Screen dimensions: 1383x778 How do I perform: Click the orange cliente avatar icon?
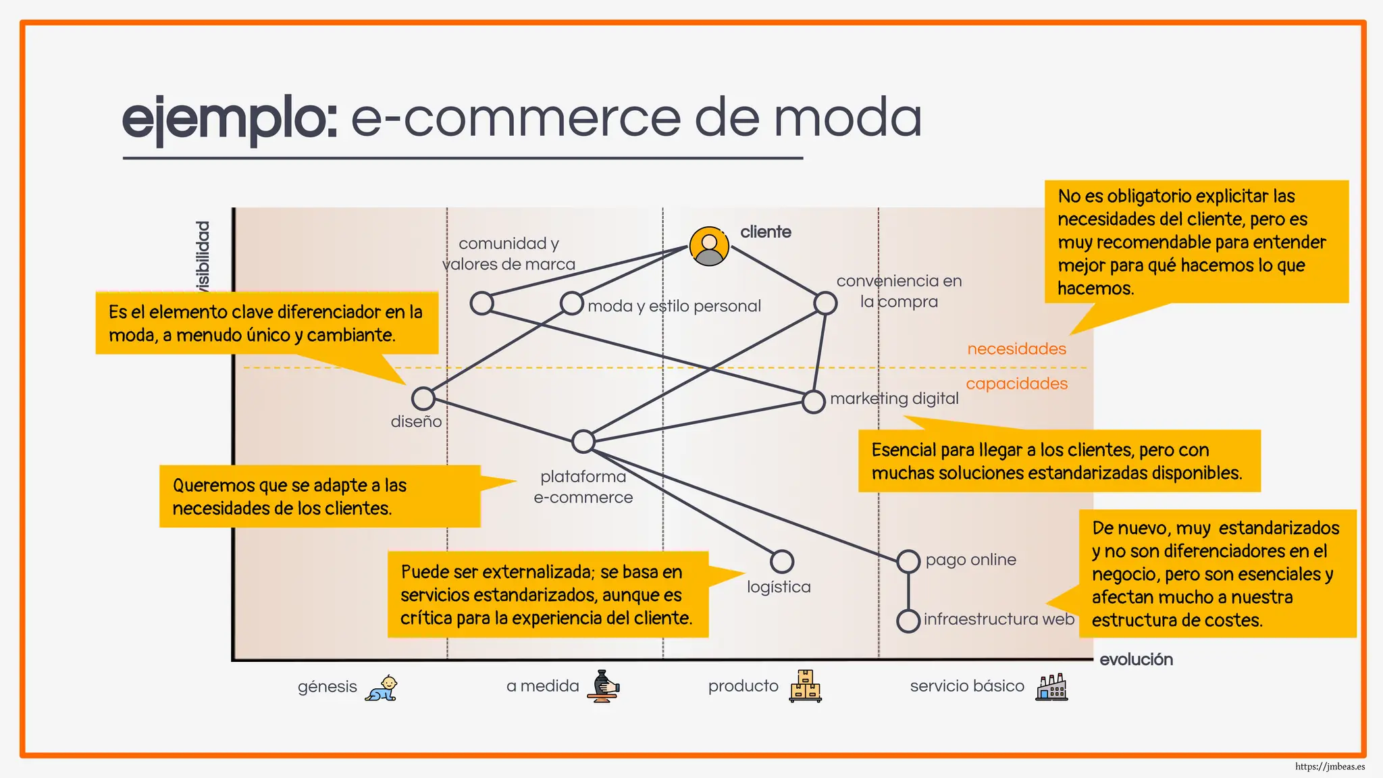click(x=709, y=246)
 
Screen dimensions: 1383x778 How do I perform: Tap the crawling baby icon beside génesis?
click(x=382, y=688)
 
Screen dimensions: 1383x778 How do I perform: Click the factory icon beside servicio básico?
click(x=1052, y=687)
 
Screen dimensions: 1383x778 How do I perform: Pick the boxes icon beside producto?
click(x=806, y=686)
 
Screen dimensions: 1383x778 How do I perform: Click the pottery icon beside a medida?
click(x=603, y=686)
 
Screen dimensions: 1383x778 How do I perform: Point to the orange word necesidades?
click(x=1016, y=349)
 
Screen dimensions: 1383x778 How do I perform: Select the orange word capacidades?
click(x=1017, y=384)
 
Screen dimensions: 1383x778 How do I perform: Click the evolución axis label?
click(x=1137, y=659)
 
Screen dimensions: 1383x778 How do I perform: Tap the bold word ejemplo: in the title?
click(x=230, y=119)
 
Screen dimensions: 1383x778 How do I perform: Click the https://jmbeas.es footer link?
click(x=1330, y=767)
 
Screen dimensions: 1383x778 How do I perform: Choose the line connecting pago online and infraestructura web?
click(x=908, y=591)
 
